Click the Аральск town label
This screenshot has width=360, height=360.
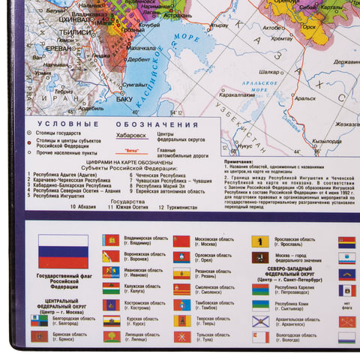coord(304,97)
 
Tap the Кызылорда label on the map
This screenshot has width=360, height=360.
coord(328,141)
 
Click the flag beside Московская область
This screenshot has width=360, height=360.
coord(181,241)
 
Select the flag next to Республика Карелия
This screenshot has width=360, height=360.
coord(260,289)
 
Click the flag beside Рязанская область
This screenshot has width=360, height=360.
coord(181,274)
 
